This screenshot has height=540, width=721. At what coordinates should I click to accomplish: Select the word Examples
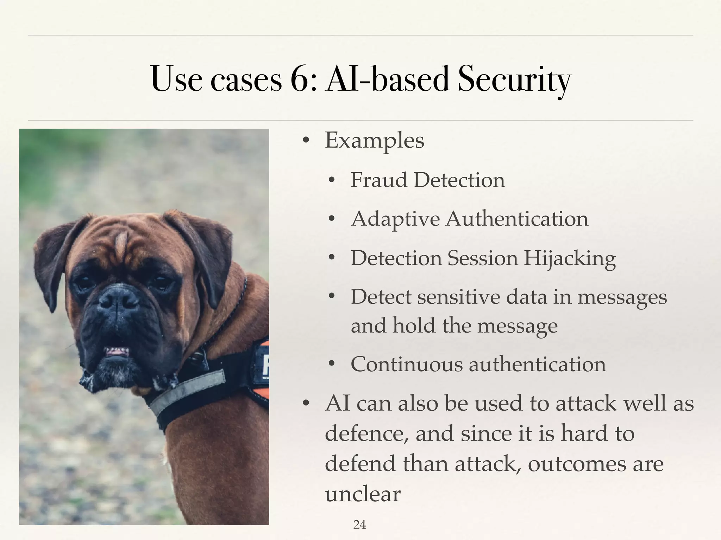[375, 141]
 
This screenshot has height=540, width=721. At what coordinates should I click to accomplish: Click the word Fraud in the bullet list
[378, 180]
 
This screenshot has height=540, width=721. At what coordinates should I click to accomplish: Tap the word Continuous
[407, 364]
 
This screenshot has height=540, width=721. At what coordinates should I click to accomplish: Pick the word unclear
[363, 494]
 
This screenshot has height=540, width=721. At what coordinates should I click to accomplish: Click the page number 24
[359, 525]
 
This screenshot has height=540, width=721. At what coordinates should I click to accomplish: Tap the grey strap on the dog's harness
[187, 391]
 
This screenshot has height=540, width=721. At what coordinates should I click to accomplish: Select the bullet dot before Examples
[306, 141]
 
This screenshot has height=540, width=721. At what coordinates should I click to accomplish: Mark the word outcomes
[577, 464]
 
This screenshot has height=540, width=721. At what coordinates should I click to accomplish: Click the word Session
[483, 258]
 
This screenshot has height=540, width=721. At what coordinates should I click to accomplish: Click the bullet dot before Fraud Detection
[331, 181]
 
